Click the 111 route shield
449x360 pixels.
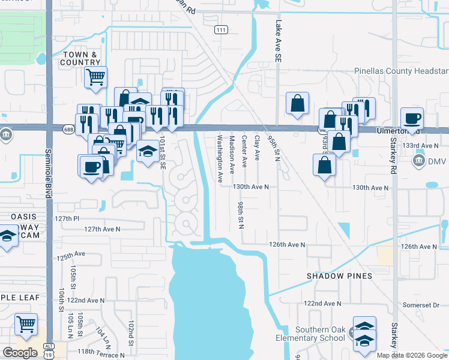coord(221,29)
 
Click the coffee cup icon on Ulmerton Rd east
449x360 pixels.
coord(412,118)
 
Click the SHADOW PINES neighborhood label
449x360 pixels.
coord(339,276)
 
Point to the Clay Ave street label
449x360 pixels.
coord(257,148)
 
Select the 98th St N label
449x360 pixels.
coord(240,215)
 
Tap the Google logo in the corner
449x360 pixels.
coord(20,353)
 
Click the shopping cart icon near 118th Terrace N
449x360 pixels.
coord(26,324)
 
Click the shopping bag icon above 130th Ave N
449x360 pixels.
coord(324,164)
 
